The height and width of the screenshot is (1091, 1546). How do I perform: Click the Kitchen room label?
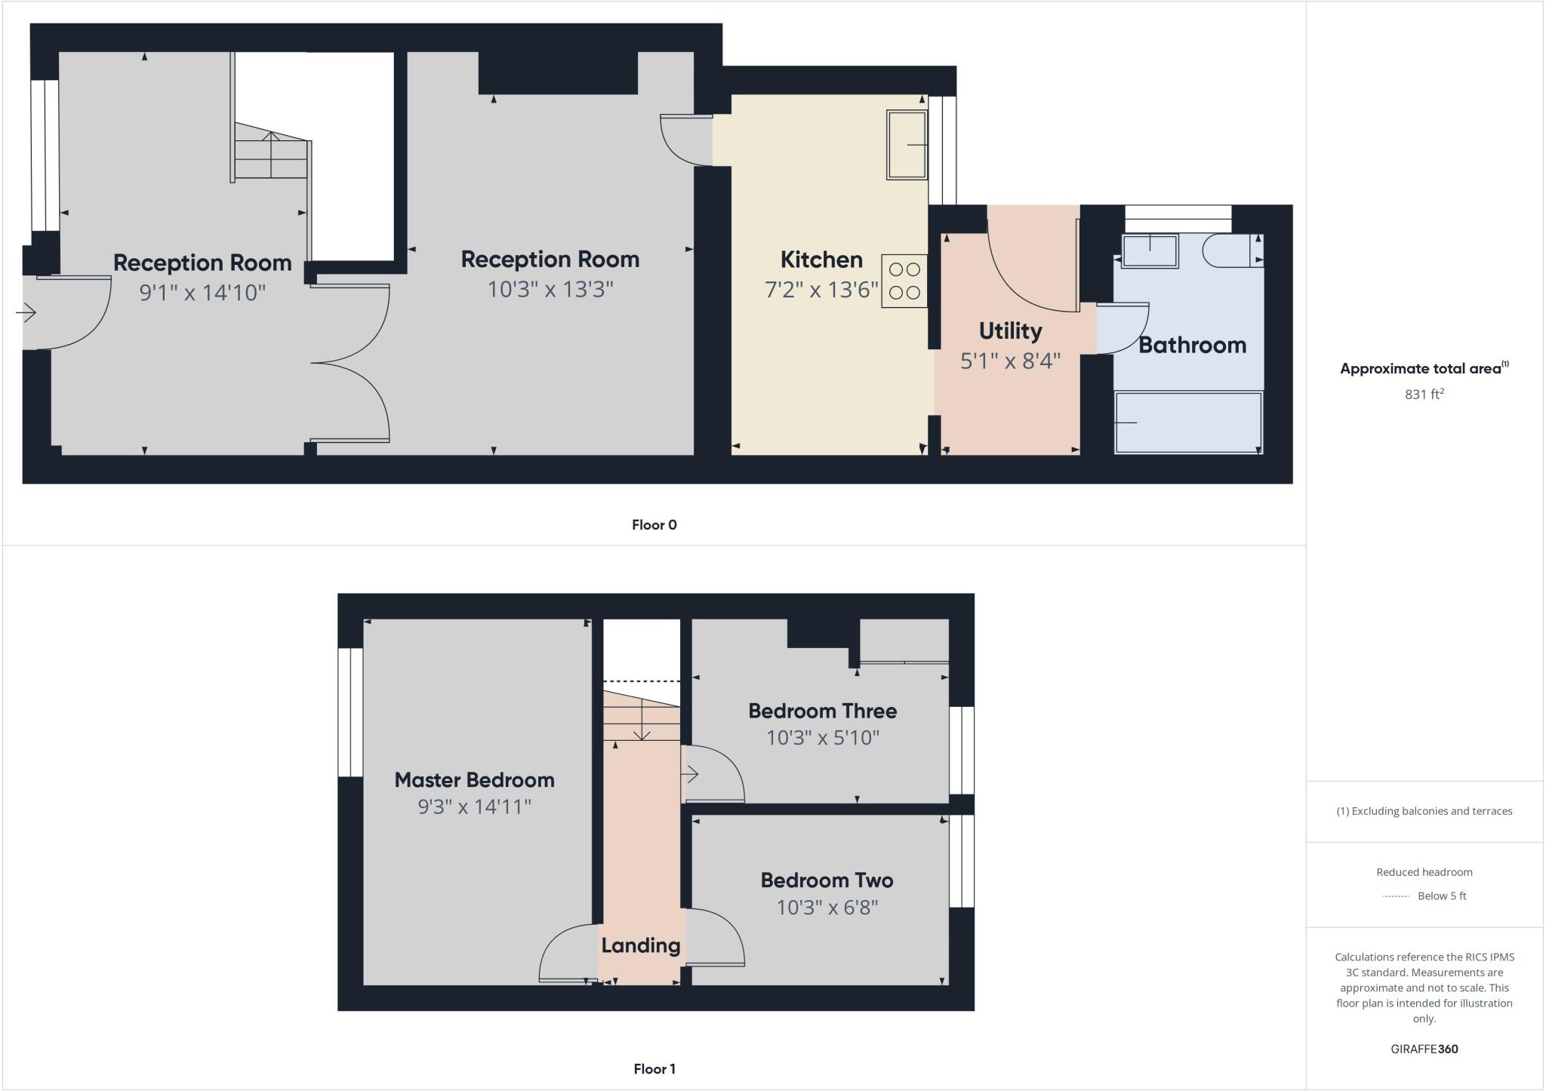pyautogui.click(x=821, y=260)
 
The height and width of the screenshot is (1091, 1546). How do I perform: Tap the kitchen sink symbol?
pyautogui.click(x=907, y=145)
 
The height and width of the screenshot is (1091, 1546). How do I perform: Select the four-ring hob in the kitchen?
pyautogui.click(x=904, y=281)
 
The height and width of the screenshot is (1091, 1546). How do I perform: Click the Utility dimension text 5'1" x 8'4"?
pyautogui.click(x=1010, y=361)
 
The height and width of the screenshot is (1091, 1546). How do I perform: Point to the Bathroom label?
pyautogui.click(x=1192, y=346)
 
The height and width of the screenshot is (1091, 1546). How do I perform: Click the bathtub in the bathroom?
pyautogui.click(x=1187, y=423)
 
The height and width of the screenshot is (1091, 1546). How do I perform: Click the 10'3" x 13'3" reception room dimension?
pyautogui.click(x=550, y=289)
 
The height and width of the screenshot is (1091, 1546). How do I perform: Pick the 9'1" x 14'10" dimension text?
pyautogui.click(x=202, y=293)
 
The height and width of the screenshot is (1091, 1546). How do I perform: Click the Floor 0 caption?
pyautogui.click(x=654, y=525)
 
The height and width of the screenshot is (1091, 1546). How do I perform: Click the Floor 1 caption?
pyautogui.click(x=654, y=1069)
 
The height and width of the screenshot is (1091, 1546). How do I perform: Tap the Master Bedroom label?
pyautogui.click(x=474, y=780)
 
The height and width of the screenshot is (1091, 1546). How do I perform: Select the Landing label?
pyautogui.click(x=640, y=945)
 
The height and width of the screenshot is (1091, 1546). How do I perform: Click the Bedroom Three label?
pyautogui.click(x=822, y=711)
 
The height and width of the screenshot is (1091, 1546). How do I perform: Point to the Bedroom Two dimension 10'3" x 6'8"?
pyautogui.click(x=827, y=907)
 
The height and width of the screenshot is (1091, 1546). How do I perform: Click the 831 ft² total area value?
pyautogui.click(x=1424, y=394)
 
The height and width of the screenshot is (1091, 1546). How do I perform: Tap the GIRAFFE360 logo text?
pyautogui.click(x=1424, y=1049)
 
